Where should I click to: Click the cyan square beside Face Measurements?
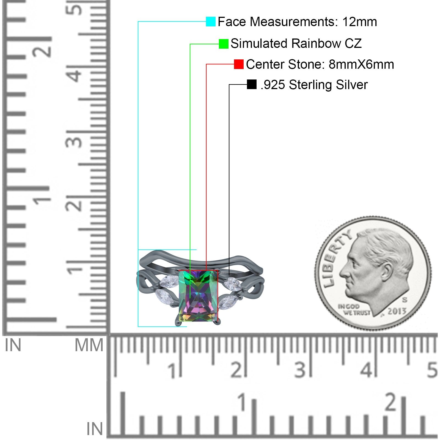[x=211, y=21]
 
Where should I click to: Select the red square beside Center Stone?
[x=239, y=64]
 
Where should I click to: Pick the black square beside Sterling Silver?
[x=252, y=84]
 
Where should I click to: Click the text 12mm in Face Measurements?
[x=359, y=22]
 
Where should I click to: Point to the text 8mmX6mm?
[x=361, y=64]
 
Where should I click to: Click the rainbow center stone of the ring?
[x=198, y=296]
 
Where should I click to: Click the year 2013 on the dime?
[x=397, y=311]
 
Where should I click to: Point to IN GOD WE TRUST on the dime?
[x=354, y=310]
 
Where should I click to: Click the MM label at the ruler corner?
[x=89, y=345]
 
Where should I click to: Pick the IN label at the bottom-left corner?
[x=95, y=429]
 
